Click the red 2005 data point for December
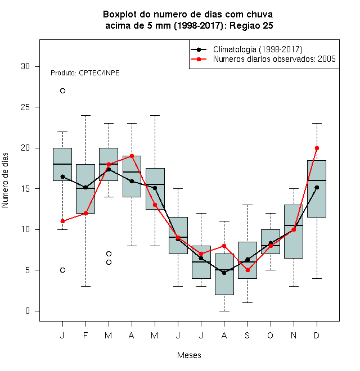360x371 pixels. coord(317,148)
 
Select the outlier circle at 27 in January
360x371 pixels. coord(62,91)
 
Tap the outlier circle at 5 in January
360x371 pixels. coord(62,270)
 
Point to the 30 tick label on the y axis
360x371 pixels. coord(25,66)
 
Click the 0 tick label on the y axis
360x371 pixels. coord(28,311)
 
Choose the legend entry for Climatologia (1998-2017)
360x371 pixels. coord(246,49)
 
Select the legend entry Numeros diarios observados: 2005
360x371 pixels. coord(263,59)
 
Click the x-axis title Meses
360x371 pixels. coord(189,355)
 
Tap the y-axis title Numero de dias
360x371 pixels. coord(5,180)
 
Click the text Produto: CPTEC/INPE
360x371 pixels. coord(85,73)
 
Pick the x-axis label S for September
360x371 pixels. coord(247,335)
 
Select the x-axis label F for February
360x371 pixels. coord(85,335)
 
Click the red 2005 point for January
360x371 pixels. coord(62,221)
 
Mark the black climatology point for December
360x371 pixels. coord(317,187)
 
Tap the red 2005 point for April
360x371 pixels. coord(132,156)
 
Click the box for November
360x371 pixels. coord(294,232)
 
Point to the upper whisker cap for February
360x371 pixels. coord(85,115)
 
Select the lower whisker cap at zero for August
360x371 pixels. coord(224,311)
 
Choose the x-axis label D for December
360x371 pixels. coord(317,335)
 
